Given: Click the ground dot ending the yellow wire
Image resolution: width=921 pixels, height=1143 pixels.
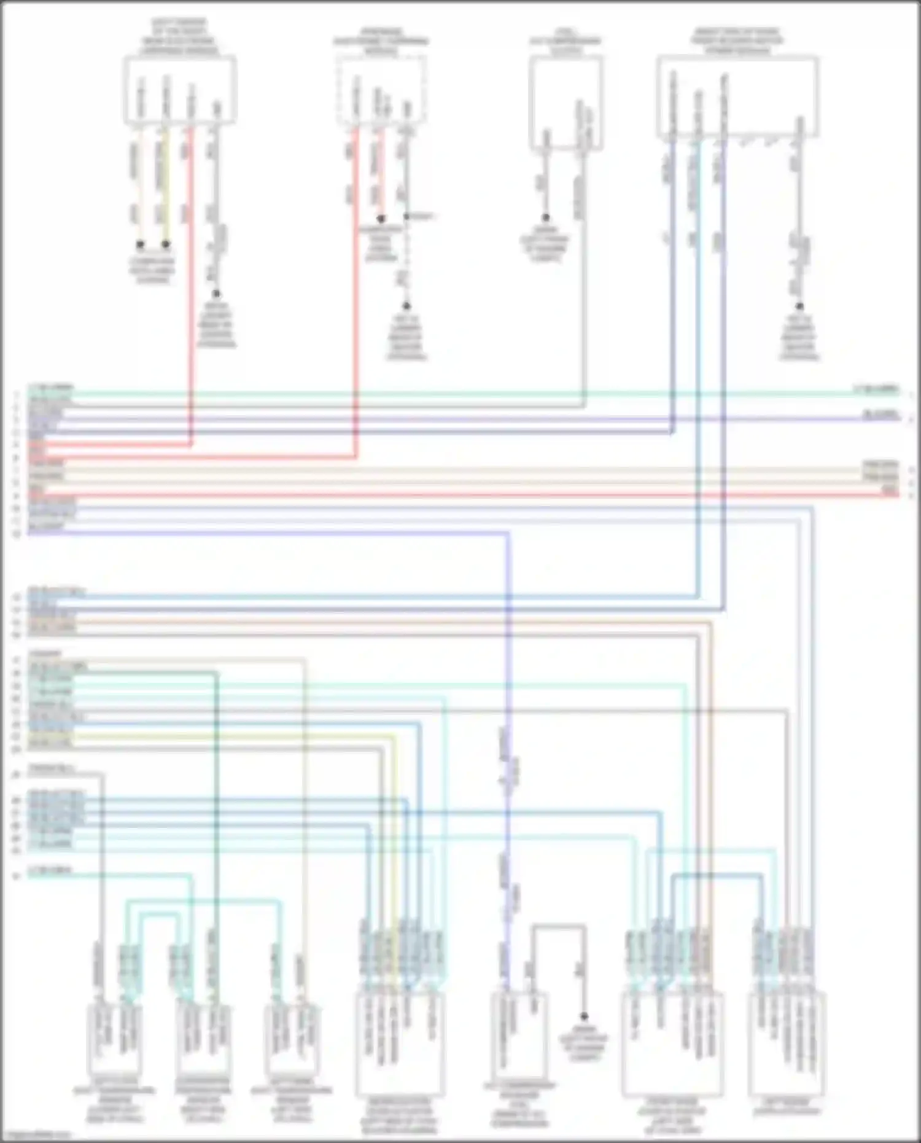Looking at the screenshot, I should point(165,244).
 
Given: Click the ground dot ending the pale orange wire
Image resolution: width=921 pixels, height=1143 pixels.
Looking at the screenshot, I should point(140,244).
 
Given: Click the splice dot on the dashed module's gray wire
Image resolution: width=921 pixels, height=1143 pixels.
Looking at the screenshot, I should point(406,216).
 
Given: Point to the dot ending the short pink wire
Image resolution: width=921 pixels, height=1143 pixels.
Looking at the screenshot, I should point(381,219).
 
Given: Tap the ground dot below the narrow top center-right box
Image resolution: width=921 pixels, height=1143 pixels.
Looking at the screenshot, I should point(545,218).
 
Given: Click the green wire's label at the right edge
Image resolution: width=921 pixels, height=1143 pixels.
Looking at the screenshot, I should point(876,389).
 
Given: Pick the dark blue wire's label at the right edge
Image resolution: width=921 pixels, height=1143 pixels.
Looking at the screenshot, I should point(881,416).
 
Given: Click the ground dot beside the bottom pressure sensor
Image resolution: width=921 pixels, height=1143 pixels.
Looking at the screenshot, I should point(584,1016).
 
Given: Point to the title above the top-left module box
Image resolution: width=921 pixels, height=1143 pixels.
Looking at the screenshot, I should point(179,37).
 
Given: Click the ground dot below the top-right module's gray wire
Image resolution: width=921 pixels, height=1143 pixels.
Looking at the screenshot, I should point(799,306).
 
